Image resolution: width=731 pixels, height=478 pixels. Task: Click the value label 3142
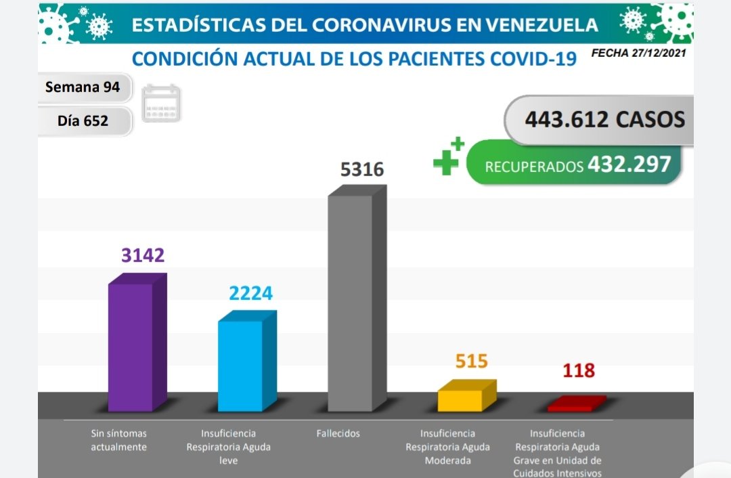pos(143,255)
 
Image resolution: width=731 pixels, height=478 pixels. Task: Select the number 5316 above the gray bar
pos(361,169)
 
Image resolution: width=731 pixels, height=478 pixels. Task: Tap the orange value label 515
pos(471,361)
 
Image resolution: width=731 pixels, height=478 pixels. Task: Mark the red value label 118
pos(578,371)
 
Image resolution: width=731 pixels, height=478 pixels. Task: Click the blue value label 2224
pos(250,293)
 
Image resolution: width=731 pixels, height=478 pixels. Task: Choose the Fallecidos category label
pos(338,433)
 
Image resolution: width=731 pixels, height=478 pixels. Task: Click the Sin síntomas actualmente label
pos(118,440)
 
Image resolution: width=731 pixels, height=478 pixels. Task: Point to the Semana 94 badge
pos(83,87)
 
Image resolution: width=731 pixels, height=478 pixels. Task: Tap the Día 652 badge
pos(83,121)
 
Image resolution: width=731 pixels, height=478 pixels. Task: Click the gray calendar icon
pos(161,103)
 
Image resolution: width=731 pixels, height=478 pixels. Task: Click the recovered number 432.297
pos(629,164)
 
